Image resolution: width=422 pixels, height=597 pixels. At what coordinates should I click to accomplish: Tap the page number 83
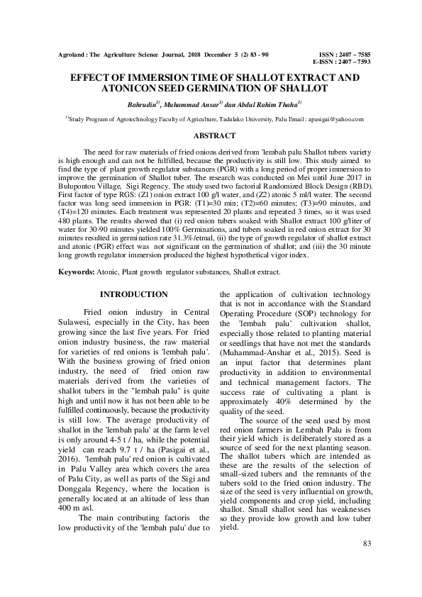tap(367, 543)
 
